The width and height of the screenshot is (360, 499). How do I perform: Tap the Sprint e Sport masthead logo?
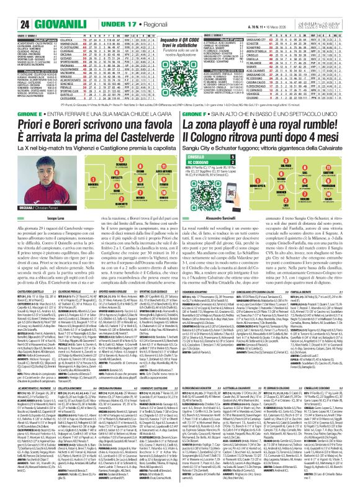click(x=331, y=7)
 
